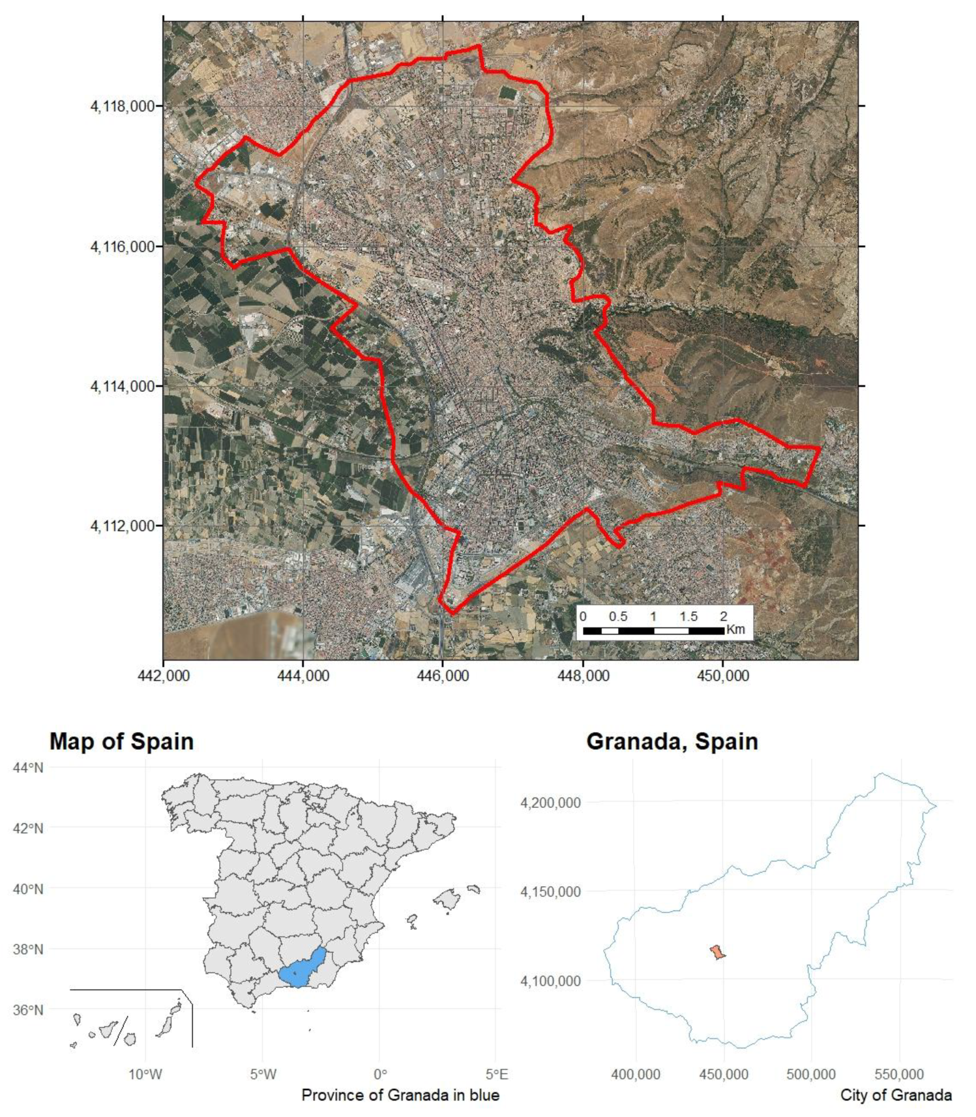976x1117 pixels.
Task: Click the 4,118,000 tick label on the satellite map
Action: [x=123, y=106]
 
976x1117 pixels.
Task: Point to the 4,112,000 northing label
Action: [x=123, y=526]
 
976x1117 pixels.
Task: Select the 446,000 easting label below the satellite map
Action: [x=443, y=676]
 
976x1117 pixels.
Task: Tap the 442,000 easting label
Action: [x=164, y=676]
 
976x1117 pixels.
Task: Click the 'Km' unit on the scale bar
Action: [x=735, y=630]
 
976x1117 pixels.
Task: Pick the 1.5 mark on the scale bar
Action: [x=688, y=616]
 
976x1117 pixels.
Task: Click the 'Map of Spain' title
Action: [x=121, y=741]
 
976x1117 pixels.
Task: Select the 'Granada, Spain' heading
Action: [x=672, y=741]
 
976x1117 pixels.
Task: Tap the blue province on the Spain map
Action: [x=302, y=969]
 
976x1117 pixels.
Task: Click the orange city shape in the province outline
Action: [x=717, y=953]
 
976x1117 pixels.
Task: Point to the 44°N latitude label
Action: [x=28, y=767]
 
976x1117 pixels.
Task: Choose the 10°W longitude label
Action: [x=145, y=1074]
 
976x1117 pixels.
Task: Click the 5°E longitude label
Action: [x=497, y=1074]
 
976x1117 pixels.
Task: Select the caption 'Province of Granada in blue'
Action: [x=400, y=1095]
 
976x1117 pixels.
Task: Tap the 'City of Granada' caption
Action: [x=895, y=1095]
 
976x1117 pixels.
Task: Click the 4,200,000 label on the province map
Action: [x=550, y=803]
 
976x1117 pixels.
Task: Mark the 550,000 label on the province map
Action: [x=899, y=1074]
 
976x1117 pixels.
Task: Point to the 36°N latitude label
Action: [x=28, y=1010]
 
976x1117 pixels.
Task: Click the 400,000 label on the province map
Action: [x=636, y=1074]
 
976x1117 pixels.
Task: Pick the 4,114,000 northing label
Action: [x=123, y=386]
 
